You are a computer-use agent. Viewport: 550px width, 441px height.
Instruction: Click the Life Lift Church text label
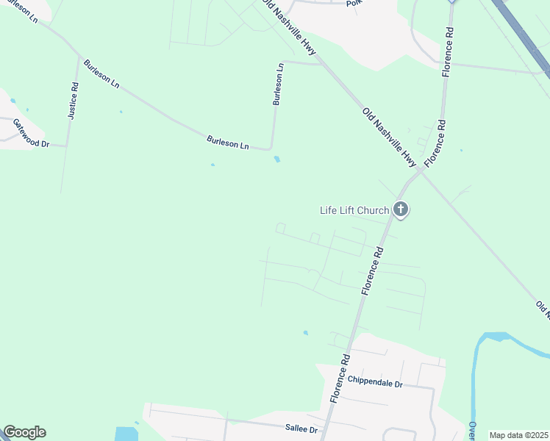pos(354,210)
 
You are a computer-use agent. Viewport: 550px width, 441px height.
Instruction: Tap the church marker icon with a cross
pos(401,210)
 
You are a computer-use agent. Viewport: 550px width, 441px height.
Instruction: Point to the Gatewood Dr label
pos(30,133)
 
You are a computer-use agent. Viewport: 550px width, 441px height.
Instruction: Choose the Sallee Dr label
pos(301,429)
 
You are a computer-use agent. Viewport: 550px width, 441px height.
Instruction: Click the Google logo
pos(24,432)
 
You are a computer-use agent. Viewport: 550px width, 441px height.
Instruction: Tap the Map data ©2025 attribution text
pos(518,435)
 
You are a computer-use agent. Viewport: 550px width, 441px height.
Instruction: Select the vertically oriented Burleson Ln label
pos(278,85)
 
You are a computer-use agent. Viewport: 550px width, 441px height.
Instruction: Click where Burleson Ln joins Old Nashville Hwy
pos(322,64)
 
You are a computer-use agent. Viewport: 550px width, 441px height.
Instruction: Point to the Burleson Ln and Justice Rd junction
pos(77,57)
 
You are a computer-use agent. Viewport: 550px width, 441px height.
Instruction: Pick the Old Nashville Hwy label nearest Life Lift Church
pos(390,137)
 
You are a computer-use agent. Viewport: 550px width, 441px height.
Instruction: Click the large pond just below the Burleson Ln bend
pos(277,159)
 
